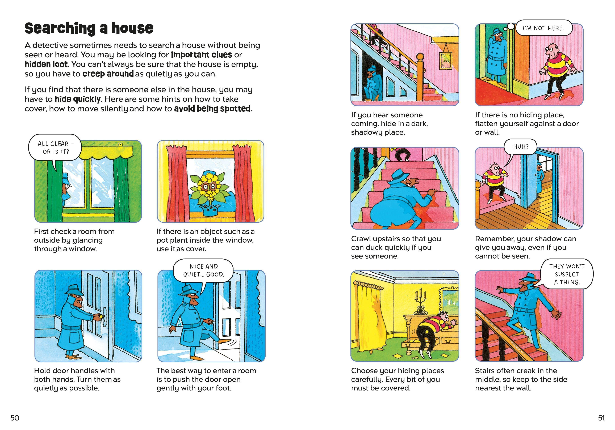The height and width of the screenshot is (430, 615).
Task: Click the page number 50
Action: click(15, 418)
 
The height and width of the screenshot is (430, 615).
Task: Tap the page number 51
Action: click(601, 418)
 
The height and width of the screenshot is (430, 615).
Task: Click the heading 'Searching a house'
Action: click(89, 28)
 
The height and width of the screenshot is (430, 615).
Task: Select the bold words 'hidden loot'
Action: click(46, 64)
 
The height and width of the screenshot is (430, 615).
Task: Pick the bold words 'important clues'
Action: click(201, 55)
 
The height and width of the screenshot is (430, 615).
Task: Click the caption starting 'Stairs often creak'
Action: click(521, 379)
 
